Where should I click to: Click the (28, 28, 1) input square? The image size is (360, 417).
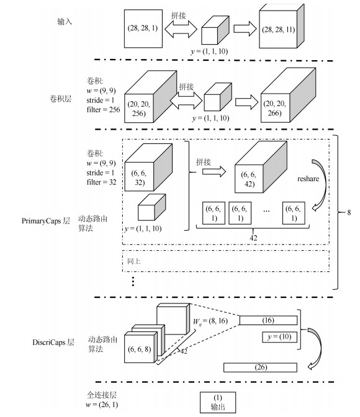pyautogui.click(x=143, y=29)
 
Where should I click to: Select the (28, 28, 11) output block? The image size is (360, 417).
pyautogui.click(x=282, y=26)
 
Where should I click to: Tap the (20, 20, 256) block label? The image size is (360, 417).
pyautogui.click(x=138, y=109)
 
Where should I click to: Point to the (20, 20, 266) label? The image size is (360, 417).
pyautogui.click(x=274, y=108)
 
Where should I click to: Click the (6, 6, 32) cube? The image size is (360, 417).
pyautogui.click(x=148, y=168)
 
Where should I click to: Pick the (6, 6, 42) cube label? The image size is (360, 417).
pyautogui.click(x=249, y=179)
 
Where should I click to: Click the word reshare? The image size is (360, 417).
pyautogui.click(x=308, y=179)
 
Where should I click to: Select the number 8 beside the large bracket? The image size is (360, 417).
pyautogui.click(x=349, y=212)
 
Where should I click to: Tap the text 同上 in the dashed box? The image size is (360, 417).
pyautogui.click(x=133, y=261)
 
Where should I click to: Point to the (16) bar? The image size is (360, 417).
pyautogui.click(x=268, y=320)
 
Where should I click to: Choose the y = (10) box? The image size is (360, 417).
pyautogui.click(x=279, y=337)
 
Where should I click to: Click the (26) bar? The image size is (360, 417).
pyautogui.click(x=260, y=367)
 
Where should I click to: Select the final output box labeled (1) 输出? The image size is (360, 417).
pyautogui.click(x=218, y=402)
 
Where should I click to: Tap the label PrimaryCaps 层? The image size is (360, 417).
pyautogui.click(x=46, y=221)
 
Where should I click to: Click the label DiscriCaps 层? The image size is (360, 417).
pyautogui.click(x=53, y=342)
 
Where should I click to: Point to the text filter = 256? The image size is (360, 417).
pyautogui.click(x=103, y=110)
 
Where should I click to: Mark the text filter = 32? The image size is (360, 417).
pyautogui.click(x=101, y=182)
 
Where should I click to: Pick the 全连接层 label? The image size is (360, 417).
pyautogui.click(x=102, y=395)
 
